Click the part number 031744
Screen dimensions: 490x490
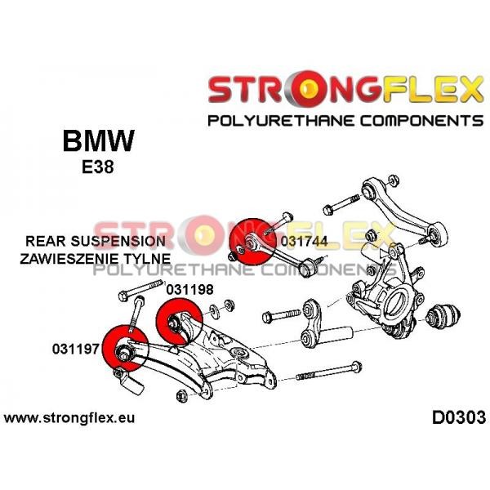pos(304,242)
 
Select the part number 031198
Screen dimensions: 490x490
pos(189,290)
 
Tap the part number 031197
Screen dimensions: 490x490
pos(76,349)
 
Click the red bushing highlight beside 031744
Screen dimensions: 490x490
pos(252,241)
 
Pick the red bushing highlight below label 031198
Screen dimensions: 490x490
pos(180,322)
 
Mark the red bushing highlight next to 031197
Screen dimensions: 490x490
pos(125,348)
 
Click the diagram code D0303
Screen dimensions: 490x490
pos(459,417)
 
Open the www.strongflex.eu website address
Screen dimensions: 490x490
pos(69,418)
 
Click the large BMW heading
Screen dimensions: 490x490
pos(99,140)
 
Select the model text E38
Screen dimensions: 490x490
pos(98,167)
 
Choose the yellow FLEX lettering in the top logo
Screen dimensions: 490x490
pos(433,90)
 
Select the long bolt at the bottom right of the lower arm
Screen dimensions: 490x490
pos(329,371)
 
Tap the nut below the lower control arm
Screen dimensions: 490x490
pos(181,396)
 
